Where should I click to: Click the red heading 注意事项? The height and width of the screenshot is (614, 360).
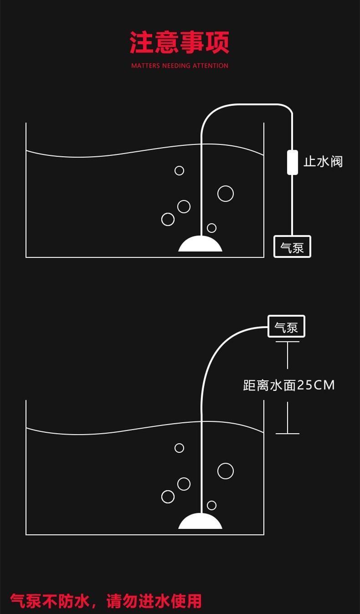pos(180,43)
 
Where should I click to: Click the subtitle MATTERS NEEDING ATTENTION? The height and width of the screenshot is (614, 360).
pos(180,66)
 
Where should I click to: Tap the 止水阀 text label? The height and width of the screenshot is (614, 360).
pos(323,162)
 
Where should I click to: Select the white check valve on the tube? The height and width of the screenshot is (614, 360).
pos(292,162)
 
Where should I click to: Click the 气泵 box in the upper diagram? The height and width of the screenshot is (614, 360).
pos(292,247)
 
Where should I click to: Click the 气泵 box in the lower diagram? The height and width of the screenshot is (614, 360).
pos(286,327)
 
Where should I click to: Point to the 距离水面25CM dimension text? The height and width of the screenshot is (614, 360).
pos(289,385)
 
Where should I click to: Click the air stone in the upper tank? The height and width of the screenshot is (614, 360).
pos(200,244)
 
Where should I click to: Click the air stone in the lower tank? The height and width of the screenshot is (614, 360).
pos(200,522)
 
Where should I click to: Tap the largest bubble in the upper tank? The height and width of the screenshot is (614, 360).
pos(226,194)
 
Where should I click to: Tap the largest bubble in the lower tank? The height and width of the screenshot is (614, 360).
pos(226,471)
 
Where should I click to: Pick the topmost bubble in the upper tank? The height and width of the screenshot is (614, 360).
pos(180,170)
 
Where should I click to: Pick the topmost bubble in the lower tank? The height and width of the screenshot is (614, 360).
pos(180,448)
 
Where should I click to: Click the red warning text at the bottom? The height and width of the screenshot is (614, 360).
pos(106,601)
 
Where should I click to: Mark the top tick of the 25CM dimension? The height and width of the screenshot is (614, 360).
pos(288,342)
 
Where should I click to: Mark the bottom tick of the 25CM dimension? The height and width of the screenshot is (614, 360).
pos(288,434)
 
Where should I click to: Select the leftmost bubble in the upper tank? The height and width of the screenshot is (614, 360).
pos(168,219)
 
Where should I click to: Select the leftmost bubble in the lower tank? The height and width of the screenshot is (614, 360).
pos(168,496)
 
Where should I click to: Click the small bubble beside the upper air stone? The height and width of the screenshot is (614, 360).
pos(211,228)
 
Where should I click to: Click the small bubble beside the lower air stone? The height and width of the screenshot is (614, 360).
pos(211,505)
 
